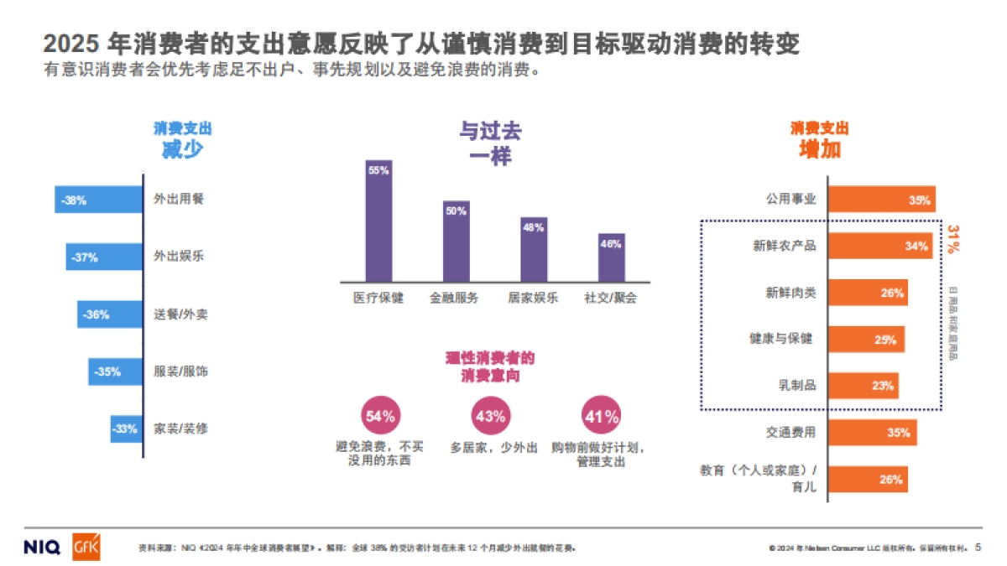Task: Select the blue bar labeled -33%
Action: coord(126,428)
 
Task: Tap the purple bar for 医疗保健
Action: coord(378,221)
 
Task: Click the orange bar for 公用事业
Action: coord(881,200)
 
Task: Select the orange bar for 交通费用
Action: coord(872,433)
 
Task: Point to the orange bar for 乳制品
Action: coord(863,386)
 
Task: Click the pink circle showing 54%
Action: coord(380,415)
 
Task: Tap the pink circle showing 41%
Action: coord(601,415)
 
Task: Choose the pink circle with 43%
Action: coord(490,415)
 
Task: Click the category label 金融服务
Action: coord(454,298)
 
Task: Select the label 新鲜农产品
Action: coord(785,246)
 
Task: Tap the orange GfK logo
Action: coord(86,547)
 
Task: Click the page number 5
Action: coord(978,547)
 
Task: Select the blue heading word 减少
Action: coord(182,149)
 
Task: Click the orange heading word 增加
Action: coord(819,149)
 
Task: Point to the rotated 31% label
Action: coord(954,238)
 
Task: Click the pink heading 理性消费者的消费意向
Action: coord(490,367)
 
